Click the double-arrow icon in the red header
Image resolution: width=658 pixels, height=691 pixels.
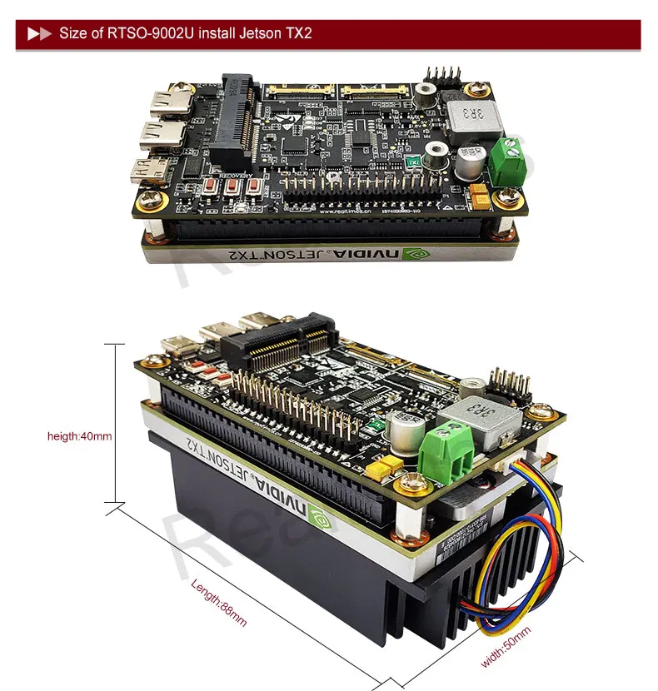39,34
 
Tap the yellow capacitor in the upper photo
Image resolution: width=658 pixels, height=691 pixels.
480,196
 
